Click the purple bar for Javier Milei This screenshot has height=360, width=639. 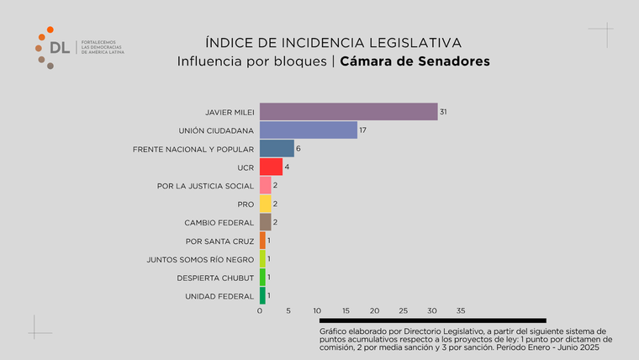coord(348,112)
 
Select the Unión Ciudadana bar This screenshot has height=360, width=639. coord(309,130)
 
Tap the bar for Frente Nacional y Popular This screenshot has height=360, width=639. coord(277,149)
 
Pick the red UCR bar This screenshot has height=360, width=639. coord(271,167)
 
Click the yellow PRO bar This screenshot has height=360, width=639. coord(265,204)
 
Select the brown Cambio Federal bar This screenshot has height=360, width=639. coord(265,222)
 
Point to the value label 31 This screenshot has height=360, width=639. coord(442,112)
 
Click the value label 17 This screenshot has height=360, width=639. coord(362,130)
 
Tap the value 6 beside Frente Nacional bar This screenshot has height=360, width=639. coord(298,149)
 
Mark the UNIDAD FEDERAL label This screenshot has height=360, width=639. coord(219,296)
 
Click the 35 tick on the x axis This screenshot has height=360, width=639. coord(460,311)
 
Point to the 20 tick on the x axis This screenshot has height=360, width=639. coord(374,311)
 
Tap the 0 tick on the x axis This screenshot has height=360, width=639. coord(260,311)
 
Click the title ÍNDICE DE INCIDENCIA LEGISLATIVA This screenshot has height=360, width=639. coord(334,43)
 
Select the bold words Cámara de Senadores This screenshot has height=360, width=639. coord(415,62)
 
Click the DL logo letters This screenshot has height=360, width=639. coord(60,48)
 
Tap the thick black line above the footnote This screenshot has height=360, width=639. coord(432,320)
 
